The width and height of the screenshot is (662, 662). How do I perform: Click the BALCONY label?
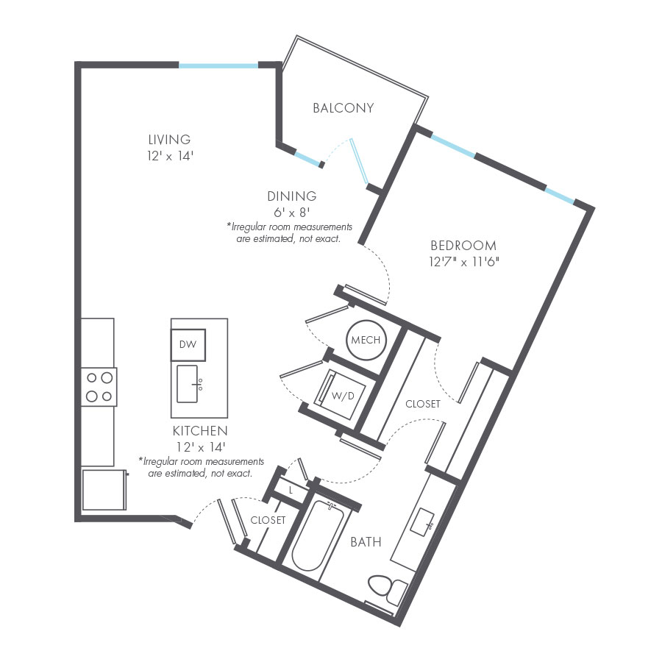coord(344,108)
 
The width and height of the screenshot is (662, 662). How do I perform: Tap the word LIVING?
coord(169,139)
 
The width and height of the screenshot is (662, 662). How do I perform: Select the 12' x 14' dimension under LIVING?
coord(169,155)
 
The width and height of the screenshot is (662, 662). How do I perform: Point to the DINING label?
coord(292,196)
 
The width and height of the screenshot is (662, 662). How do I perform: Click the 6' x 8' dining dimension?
coord(292,213)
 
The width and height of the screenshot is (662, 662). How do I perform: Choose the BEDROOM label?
coord(463,245)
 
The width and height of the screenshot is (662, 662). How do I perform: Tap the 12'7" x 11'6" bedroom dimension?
coord(463,261)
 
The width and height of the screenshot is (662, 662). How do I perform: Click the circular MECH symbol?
coord(366,341)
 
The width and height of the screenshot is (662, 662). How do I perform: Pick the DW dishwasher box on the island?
coord(188,344)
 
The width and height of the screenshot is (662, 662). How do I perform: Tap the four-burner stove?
coord(99,387)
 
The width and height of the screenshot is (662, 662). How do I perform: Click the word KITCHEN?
coord(200,430)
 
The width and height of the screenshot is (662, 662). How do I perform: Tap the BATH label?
coord(366,542)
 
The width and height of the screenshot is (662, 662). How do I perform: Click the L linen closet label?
coord(291,490)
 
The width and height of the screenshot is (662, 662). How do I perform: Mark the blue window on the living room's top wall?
coord(218,65)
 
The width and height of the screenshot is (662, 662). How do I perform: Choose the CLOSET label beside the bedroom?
coord(423,404)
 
